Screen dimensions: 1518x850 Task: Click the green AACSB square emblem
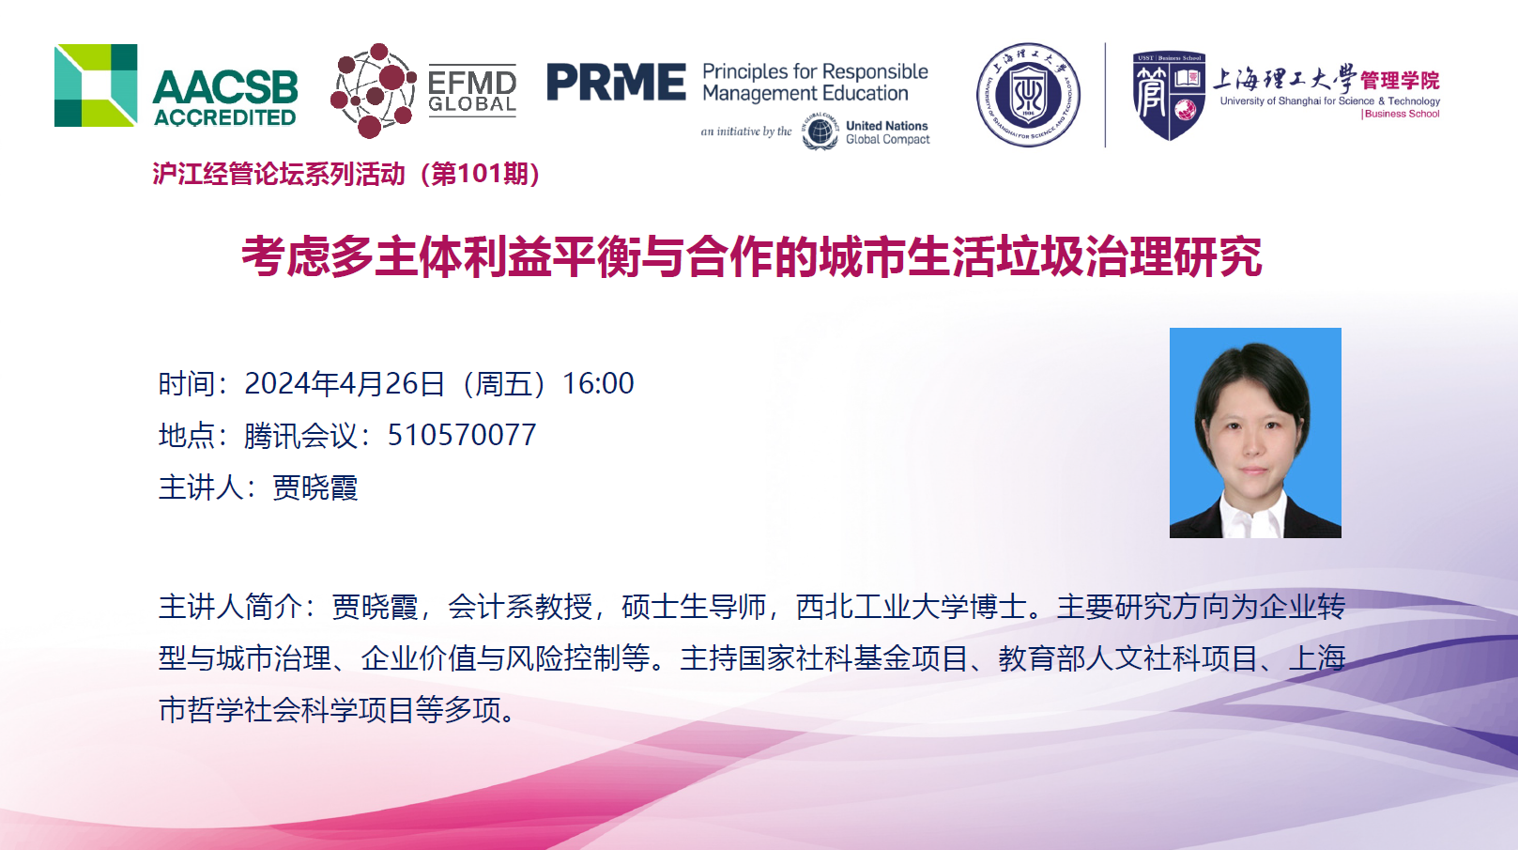(x=96, y=85)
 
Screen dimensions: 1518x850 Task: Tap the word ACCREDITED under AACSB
(x=225, y=117)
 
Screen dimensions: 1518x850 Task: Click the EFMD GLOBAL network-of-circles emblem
(x=373, y=91)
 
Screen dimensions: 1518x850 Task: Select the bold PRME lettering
(x=616, y=82)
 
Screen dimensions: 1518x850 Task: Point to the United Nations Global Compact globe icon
(x=820, y=131)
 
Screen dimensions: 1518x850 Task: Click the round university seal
(x=1028, y=95)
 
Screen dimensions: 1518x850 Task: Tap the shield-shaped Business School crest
(x=1169, y=96)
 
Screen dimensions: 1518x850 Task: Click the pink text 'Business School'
(x=1402, y=114)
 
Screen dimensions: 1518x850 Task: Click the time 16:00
(x=598, y=383)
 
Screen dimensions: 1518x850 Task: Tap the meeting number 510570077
(x=462, y=435)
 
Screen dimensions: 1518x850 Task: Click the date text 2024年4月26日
(x=345, y=383)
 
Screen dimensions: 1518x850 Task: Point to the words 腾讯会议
(x=300, y=435)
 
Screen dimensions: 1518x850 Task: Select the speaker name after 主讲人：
(x=315, y=487)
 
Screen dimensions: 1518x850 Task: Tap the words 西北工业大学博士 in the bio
(x=912, y=607)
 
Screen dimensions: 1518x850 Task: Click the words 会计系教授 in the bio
(x=520, y=607)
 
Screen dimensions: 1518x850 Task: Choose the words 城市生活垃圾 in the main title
(x=952, y=257)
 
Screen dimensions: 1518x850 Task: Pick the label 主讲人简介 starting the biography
(x=230, y=607)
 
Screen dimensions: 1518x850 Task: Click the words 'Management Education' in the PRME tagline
(x=805, y=94)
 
